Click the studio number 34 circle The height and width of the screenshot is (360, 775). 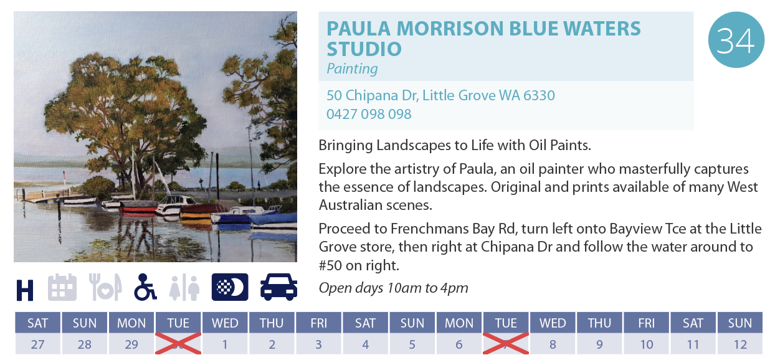[736, 40]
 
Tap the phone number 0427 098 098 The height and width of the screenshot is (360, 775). [369, 114]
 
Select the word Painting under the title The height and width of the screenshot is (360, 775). [352, 69]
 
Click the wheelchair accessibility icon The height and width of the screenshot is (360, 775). [145, 287]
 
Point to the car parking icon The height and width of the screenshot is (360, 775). [278, 287]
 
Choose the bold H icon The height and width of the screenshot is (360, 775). [25, 290]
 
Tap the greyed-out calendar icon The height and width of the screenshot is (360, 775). [62, 287]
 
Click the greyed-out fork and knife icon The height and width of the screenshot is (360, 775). [105, 287]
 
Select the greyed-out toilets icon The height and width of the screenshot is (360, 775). [184, 288]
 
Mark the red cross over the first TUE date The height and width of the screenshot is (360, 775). [178, 343]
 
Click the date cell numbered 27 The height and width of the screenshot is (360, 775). [38, 344]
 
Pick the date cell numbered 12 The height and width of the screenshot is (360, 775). [740, 344]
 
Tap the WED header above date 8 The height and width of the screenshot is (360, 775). [553, 323]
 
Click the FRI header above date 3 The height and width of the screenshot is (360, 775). [318, 323]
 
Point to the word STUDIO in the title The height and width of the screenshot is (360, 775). [364, 49]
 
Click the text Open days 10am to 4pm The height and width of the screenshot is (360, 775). [393, 288]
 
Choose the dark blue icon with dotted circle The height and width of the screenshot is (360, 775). [230, 287]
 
